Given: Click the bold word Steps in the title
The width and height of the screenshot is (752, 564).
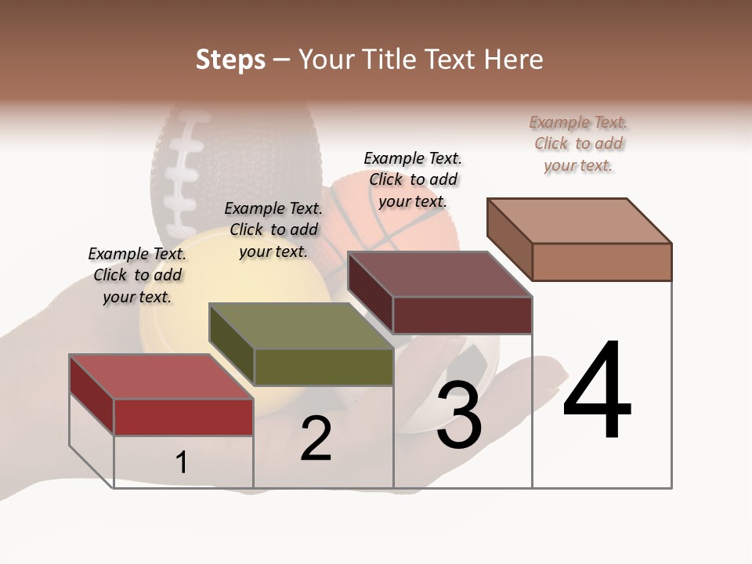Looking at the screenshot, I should (230, 60).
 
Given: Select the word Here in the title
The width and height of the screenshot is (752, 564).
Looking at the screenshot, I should (514, 60).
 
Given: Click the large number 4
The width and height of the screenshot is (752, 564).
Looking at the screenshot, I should (598, 392).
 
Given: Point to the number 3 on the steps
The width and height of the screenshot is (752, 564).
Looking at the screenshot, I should (459, 415).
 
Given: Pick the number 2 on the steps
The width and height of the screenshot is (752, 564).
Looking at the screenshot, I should (316, 439).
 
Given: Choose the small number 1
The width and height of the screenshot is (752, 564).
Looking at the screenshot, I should (182, 462).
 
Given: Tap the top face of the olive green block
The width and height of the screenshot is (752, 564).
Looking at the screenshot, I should (300, 326).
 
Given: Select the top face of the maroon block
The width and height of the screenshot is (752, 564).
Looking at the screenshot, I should (439, 274).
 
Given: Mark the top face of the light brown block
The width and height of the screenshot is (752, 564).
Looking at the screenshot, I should (578, 220).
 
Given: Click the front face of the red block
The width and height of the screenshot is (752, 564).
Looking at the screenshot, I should (183, 417).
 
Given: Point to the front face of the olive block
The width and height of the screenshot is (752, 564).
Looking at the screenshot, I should (323, 367).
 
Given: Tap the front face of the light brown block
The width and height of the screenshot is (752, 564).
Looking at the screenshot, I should (602, 262).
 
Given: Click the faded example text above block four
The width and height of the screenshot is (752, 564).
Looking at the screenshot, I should (578, 143).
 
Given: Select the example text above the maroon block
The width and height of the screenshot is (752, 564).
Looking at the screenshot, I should (413, 179).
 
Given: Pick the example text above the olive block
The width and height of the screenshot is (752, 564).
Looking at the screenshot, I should (273, 230).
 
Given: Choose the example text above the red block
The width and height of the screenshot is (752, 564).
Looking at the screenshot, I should (137, 275).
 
